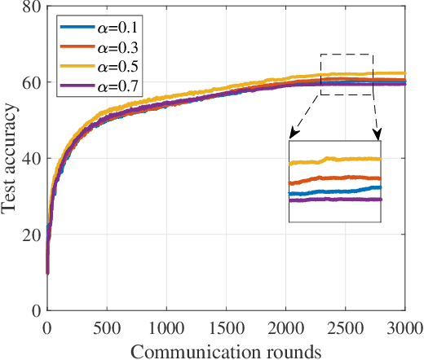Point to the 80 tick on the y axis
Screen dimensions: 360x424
click(x=32, y=7)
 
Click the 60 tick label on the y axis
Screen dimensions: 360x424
click(x=32, y=83)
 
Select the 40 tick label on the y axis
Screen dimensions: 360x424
click(x=32, y=159)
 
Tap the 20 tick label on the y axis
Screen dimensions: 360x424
click(x=32, y=235)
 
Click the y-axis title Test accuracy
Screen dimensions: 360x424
click(x=11, y=159)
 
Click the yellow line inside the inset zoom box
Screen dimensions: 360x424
click(x=334, y=160)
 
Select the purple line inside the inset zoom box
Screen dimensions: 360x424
click(x=334, y=200)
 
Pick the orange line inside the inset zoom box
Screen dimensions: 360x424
click(x=334, y=178)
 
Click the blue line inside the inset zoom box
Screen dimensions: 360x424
click(x=334, y=191)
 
